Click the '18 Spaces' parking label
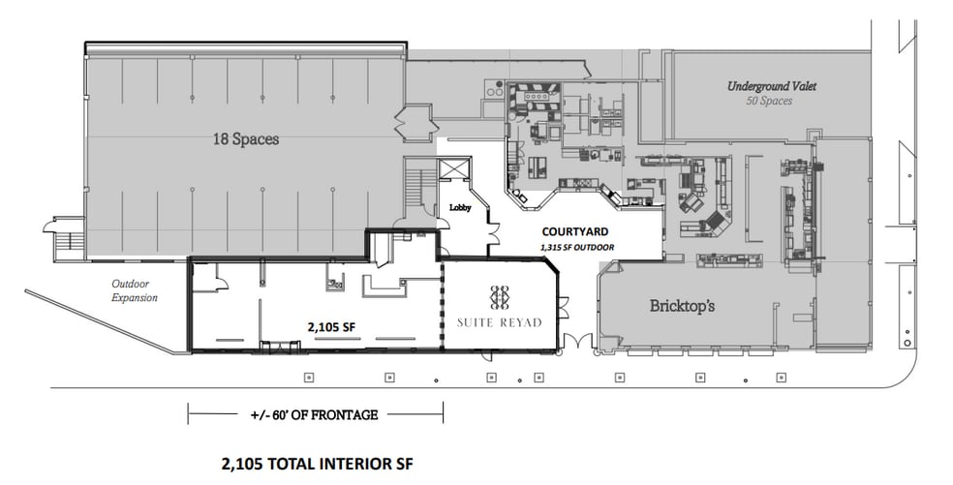[246, 139]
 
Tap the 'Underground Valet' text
[772, 86]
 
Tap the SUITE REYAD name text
[500, 321]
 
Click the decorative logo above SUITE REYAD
[500, 296]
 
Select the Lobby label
[458, 208]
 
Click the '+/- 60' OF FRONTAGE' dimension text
[314, 414]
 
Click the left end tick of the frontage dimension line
[188, 414]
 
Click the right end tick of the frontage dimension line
[443, 414]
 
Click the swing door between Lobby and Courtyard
[493, 233]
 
